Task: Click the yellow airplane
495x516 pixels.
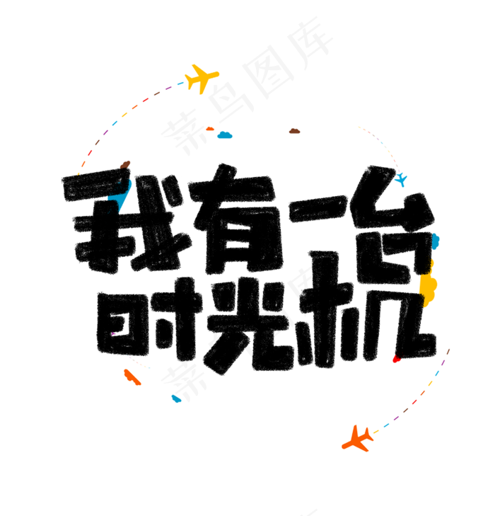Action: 202,77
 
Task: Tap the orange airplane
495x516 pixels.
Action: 358,439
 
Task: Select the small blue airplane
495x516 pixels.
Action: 401,180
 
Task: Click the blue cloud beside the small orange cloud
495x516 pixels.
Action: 225,134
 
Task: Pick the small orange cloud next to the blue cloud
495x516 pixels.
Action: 209,129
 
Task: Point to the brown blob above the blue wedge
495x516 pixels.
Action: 125,164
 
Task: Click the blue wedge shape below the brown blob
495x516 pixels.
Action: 120,195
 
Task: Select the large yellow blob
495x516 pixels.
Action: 427,285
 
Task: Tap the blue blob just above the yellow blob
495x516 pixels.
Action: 436,241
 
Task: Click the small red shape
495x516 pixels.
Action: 397,360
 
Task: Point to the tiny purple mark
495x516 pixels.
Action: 114,334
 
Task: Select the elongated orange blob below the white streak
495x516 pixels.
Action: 132,377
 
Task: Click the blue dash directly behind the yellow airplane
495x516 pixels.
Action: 180,84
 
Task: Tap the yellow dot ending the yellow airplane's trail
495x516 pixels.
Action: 78,173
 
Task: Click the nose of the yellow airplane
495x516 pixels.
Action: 216,72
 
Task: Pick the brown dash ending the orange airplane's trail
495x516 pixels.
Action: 448,350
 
